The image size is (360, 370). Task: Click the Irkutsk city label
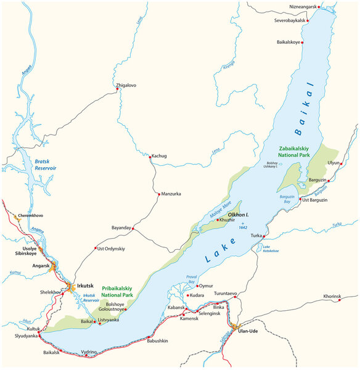pyautogui.click(x=86, y=286)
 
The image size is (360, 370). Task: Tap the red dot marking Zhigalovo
pyautogui.click(x=117, y=89)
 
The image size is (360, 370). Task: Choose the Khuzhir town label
pyautogui.click(x=227, y=220)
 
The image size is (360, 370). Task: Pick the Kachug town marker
pyautogui.click(x=150, y=157)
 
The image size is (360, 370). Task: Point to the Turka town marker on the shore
pyautogui.click(x=263, y=236)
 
